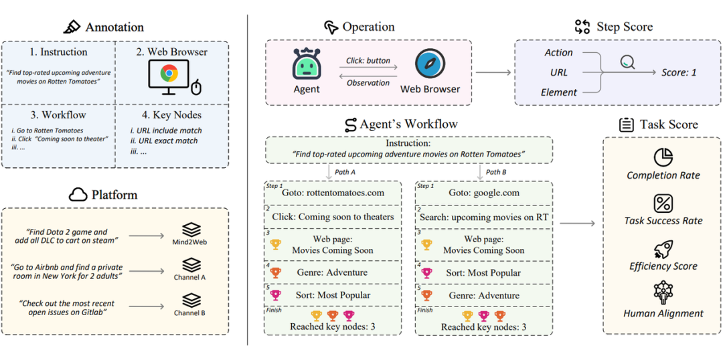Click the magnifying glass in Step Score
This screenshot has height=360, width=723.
627,62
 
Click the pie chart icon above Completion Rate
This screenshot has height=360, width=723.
663,157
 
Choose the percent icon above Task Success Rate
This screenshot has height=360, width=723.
663,203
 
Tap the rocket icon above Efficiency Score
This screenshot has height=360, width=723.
663,248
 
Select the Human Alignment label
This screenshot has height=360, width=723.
663,313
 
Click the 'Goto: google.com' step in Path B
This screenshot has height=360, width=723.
484,193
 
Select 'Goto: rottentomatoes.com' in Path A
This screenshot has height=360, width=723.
333,193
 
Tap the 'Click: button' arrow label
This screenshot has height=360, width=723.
368,60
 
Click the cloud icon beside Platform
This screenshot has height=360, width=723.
78,195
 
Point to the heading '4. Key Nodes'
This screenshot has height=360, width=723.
171,115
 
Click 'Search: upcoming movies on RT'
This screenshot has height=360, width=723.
484,217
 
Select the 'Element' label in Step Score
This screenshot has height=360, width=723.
559,92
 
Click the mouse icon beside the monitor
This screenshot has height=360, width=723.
195,87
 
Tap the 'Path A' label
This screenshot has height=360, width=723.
345,172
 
